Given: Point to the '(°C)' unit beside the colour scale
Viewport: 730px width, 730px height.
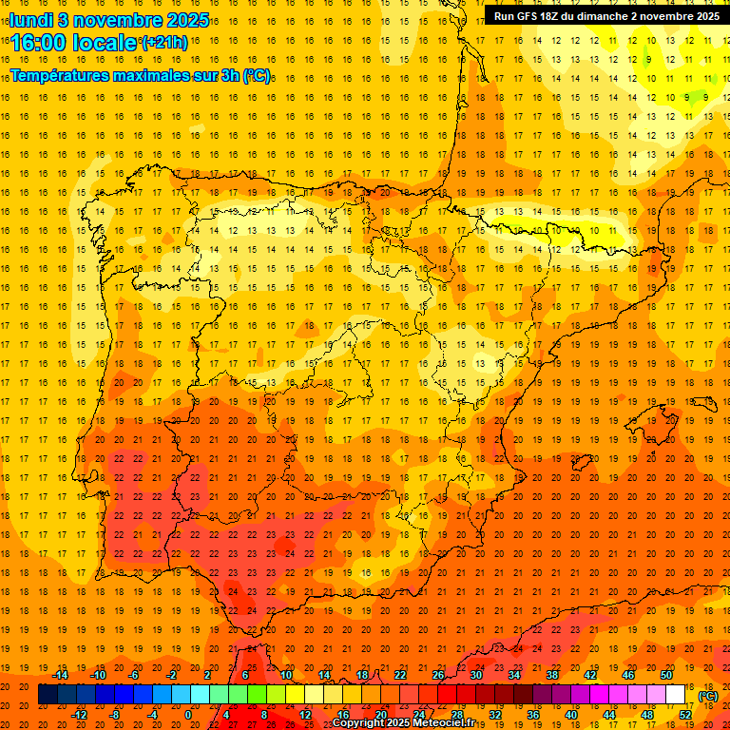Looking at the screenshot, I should click(x=707, y=696).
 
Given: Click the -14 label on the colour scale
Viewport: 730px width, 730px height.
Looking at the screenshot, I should click(x=60, y=675).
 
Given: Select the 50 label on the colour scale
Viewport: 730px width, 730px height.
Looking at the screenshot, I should click(x=666, y=675).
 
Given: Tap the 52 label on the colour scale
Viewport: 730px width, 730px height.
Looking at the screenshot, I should click(x=685, y=715).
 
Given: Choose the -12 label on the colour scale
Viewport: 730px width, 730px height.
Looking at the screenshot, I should click(x=79, y=715).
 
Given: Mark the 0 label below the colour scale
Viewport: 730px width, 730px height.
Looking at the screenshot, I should click(x=188, y=715).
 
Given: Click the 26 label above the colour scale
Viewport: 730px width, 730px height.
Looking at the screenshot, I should click(x=438, y=675).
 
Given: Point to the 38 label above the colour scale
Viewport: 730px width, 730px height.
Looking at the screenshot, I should click(x=552, y=675).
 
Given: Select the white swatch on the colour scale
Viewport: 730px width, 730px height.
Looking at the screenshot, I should click(x=675, y=695).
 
